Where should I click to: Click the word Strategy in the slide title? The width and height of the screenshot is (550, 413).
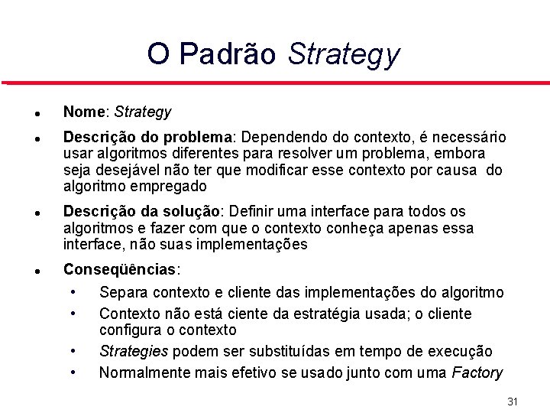point(343,55)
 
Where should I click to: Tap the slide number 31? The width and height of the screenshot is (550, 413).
point(513,402)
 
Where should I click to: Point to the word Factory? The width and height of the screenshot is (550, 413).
point(477,373)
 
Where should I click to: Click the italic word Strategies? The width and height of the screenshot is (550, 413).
point(134,352)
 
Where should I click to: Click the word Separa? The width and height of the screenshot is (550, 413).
point(124,292)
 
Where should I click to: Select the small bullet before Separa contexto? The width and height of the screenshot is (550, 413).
point(72,291)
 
